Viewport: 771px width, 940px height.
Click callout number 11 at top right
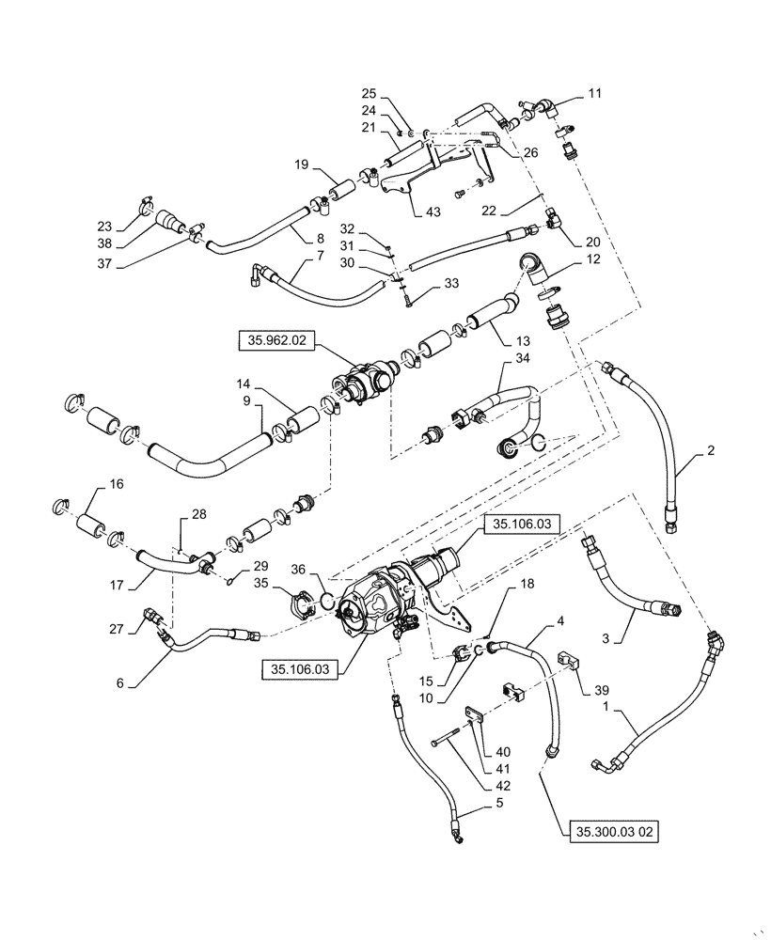[595, 94]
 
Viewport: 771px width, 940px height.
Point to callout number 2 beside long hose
[712, 450]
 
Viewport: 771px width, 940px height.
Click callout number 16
[117, 483]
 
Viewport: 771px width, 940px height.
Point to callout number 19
[300, 165]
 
